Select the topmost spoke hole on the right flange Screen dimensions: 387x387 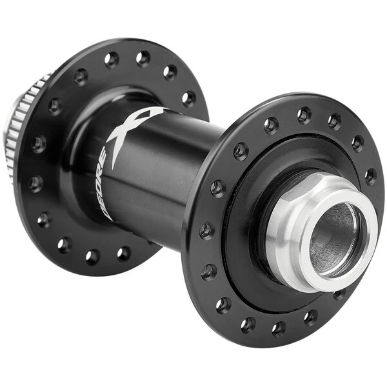pyautogui.click(x=304, y=115)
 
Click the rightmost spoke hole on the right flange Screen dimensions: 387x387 pyautogui.click(x=371, y=176)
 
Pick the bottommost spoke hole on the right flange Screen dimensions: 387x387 pyautogui.click(x=279, y=330)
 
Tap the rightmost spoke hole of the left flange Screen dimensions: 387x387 pyautogui.click(x=188, y=98)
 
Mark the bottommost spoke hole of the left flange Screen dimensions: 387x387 pyautogui.click(x=92, y=257)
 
